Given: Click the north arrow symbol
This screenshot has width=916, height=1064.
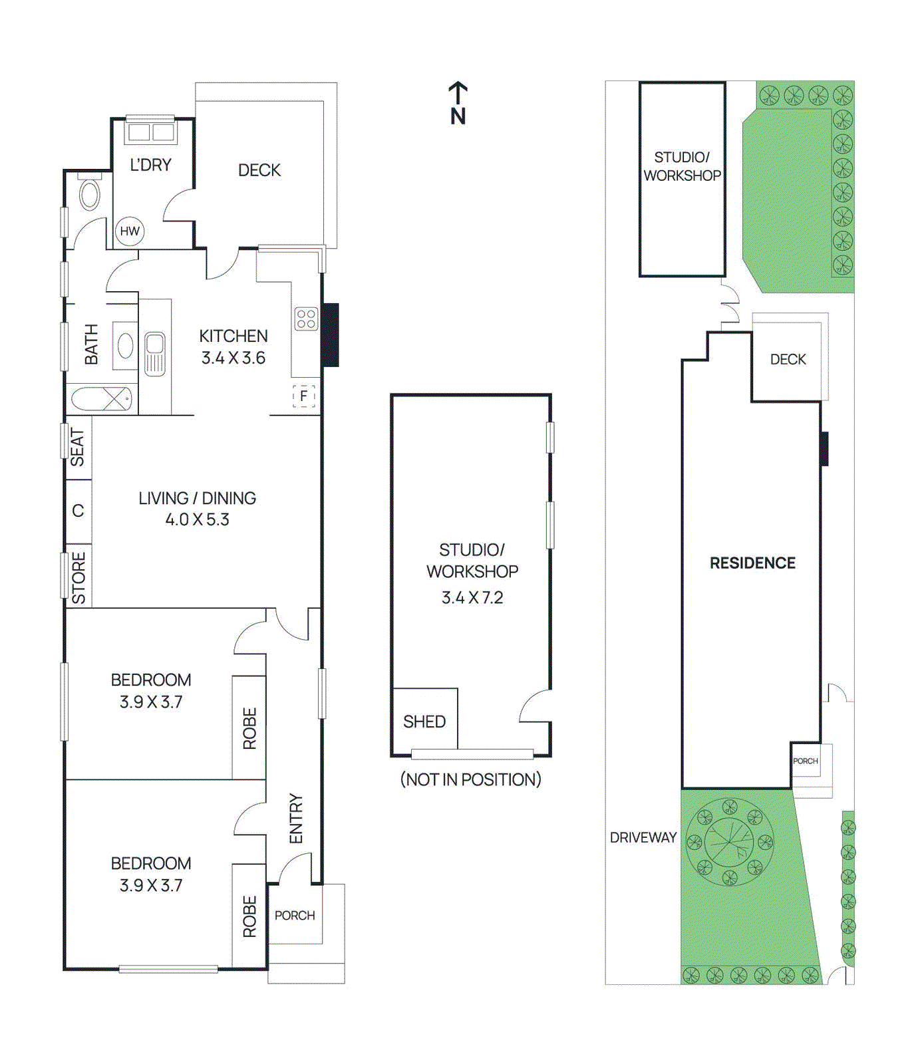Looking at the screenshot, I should (458, 103).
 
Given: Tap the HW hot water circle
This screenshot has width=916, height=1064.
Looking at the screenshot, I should (130, 231).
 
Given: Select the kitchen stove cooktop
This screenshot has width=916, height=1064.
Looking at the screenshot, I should (306, 319).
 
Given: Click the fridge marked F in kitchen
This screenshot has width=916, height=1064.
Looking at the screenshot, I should (304, 396).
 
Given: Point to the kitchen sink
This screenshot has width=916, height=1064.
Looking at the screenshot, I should (154, 353).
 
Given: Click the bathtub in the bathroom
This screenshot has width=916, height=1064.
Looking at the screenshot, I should (102, 399).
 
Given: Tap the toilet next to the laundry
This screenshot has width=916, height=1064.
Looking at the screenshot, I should (89, 194).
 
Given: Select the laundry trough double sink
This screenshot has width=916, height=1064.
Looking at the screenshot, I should (151, 132).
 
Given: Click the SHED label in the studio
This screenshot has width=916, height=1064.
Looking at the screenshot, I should (424, 722).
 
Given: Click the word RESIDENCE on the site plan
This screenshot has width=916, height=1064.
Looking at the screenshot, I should (752, 563).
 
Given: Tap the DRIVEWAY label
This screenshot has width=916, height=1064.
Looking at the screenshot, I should (643, 837).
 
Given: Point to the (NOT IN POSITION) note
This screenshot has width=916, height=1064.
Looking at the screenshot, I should (471, 779).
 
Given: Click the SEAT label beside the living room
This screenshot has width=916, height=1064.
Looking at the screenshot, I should (78, 447).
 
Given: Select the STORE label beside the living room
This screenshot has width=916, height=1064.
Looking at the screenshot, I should (78, 577).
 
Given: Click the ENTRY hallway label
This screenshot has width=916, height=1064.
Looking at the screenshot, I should (296, 819).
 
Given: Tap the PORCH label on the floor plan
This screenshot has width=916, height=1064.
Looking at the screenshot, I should (295, 916).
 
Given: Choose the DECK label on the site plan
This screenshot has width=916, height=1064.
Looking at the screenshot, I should (788, 359).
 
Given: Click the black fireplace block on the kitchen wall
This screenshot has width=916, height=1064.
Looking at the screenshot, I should (331, 334).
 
